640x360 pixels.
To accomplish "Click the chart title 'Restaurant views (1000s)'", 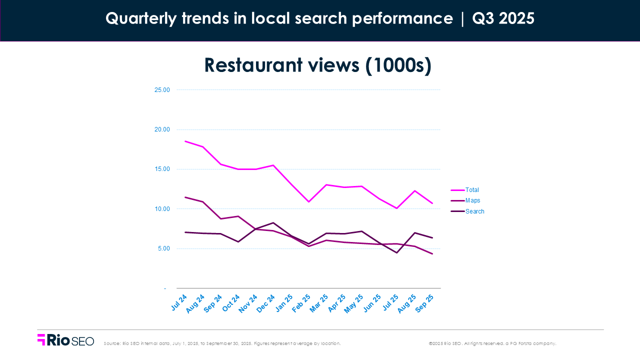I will [317, 65].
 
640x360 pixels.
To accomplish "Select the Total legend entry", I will [472, 190].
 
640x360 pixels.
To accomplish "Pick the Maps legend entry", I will [472, 200].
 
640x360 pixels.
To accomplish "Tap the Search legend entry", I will [474, 211].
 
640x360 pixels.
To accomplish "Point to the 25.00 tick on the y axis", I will [162, 90].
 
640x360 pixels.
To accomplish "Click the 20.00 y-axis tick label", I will [162, 129].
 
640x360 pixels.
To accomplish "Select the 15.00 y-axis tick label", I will [162, 169].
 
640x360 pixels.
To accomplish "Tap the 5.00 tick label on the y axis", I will [163, 248].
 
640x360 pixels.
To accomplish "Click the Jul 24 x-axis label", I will [179, 302].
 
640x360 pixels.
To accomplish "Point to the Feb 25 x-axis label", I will [301, 303].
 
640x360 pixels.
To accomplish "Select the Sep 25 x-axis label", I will [424, 303].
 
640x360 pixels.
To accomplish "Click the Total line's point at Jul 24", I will [185, 141].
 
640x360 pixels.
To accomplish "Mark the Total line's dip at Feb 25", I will [308, 201].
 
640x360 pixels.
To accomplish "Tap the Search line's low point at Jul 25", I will [396, 252].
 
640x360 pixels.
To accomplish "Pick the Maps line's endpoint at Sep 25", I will [432, 254].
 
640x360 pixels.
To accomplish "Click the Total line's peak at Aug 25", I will [414, 190].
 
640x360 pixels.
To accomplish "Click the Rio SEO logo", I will [65, 340].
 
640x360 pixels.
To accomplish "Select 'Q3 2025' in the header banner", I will [503, 19].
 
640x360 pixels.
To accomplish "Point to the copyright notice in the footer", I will [492, 343].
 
